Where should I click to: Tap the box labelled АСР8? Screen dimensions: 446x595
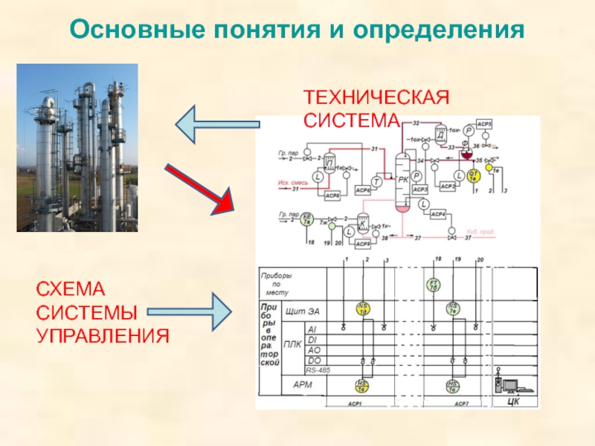click(332, 195)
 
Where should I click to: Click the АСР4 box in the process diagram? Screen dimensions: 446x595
click(438, 215)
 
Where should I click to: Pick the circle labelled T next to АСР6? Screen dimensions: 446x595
click(377, 181)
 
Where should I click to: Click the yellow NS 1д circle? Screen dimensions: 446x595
click(363, 308)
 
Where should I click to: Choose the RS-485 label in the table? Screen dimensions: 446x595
click(318, 369)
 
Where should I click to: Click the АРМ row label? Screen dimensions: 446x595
click(303, 385)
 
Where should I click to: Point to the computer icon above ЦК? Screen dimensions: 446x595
click(512, 386)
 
